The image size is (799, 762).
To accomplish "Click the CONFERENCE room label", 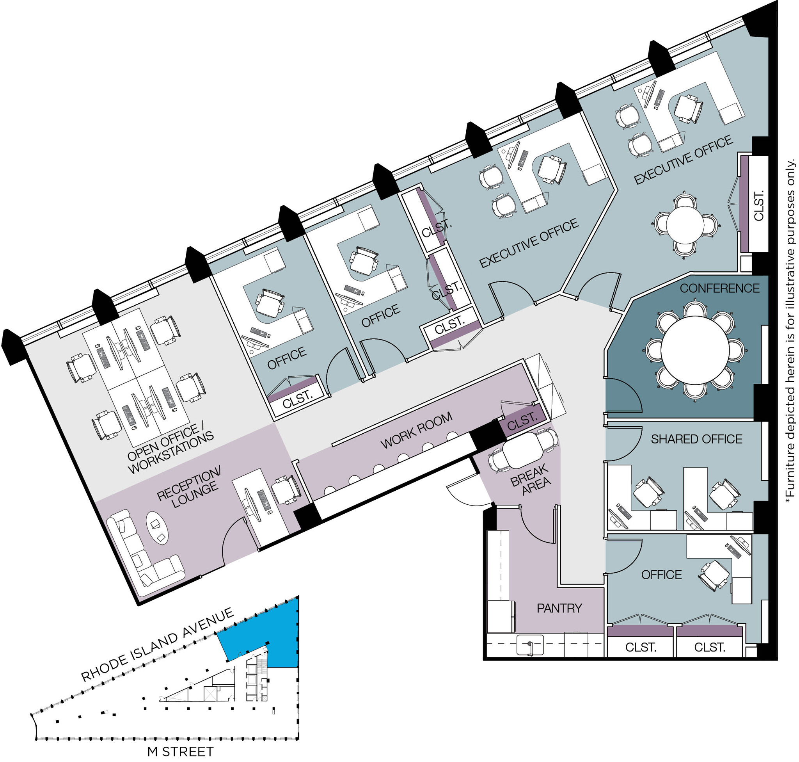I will click(x=719, y=288).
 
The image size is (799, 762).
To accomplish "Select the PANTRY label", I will click(x=559, y=608).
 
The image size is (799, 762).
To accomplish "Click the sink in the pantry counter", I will click(x=530, y=645).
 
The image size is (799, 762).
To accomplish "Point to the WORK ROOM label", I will click(x=416, y=430).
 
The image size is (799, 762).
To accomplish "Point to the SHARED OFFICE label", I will click(x=696, y=439).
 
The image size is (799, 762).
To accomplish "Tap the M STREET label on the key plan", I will click(x=180, y=752).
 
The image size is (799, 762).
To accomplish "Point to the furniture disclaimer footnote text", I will click(x=790, y=331).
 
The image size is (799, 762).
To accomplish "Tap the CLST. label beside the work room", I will click(x=522, y=422).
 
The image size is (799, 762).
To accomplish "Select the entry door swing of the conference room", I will click(x=623, y=396).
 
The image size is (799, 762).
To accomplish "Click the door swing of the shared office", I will click(x=623, y=443).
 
